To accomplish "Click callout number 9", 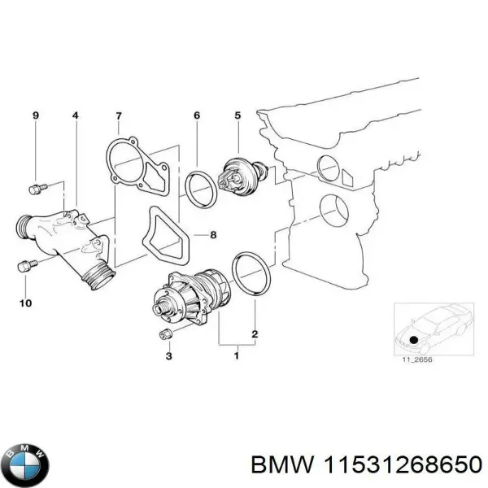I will point(35,116).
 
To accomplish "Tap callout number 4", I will point(76,116).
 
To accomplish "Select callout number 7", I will point(119,116).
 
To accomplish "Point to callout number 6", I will point(196,116).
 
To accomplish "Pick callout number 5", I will point(237,116).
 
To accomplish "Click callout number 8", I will point(213,236).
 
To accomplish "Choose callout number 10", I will point(24,303).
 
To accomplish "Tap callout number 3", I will point(169,355).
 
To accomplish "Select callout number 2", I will point(255,334).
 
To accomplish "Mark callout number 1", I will point(237,355).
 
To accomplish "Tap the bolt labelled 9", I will point(34,189).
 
